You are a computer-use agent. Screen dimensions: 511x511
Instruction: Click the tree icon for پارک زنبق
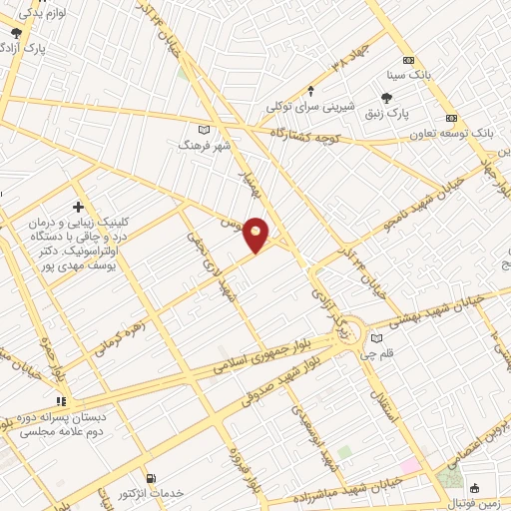(x=386, y=97)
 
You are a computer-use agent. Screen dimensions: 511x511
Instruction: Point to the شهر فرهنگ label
(x=198, y=145)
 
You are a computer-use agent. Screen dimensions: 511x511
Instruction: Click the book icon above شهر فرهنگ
(x=205, y=128)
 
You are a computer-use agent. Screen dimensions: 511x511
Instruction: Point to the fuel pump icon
(x=151, y=479)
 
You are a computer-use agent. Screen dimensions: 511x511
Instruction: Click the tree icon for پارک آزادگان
(x=14, y=32)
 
